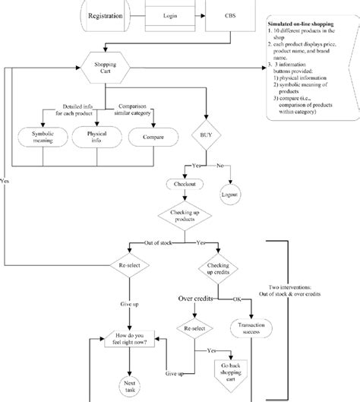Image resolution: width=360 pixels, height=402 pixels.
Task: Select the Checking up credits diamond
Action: point(218,271)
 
